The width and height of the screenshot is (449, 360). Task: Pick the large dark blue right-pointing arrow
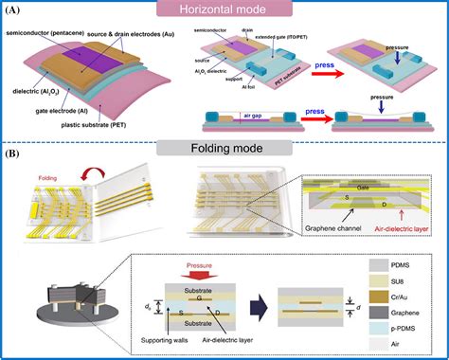point(294,304)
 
